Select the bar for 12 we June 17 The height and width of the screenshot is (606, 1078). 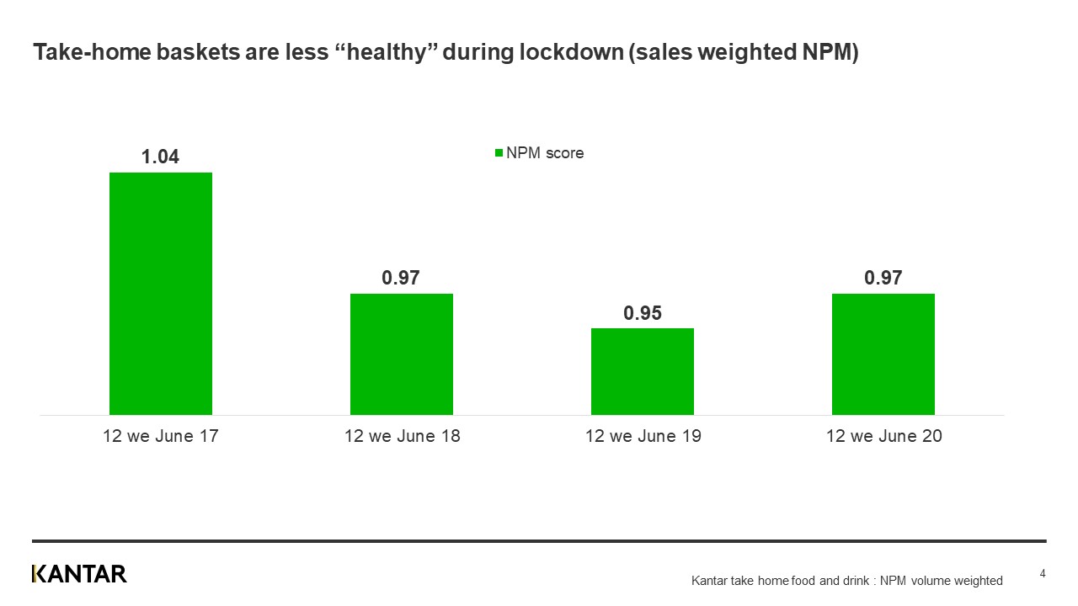161,293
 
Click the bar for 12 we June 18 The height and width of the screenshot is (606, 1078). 402,353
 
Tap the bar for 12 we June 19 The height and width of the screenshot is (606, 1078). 643,371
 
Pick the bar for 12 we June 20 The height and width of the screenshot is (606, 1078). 883,353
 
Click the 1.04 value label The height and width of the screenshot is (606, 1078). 160,157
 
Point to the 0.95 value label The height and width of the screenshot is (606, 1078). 643,313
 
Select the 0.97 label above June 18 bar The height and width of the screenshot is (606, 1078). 401,278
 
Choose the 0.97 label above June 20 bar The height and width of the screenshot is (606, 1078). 883,278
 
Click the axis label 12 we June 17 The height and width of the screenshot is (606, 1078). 161,436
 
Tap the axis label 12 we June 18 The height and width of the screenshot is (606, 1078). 402,436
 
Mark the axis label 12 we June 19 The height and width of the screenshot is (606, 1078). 643,436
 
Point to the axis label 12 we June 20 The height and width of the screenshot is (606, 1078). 883,436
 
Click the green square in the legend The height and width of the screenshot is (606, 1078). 499,153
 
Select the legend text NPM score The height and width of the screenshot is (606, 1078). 545,153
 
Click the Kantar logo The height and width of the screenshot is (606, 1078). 79,574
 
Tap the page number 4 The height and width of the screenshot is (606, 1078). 1043,574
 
